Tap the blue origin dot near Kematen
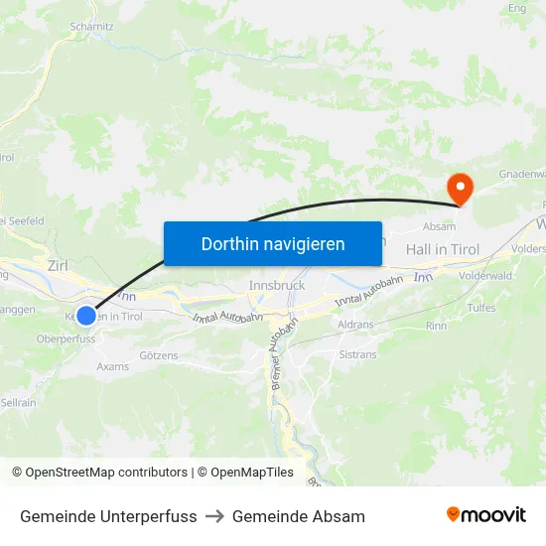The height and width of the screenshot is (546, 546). pos(86,315)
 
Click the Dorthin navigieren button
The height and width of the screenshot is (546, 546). pos(273,243)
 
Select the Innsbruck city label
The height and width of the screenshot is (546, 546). pos(275,285)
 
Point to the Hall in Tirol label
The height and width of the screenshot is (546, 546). pos(443,249)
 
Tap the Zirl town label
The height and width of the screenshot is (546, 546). pos(59,265)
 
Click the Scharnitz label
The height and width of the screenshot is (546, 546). pos(91,27)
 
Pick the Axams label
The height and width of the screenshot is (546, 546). pos(112,365)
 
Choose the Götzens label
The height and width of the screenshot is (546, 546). pos(159,354)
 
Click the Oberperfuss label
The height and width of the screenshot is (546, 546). pos(66,338)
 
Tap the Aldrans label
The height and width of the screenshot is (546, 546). pos(355,326)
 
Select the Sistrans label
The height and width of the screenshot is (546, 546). pos(357,353)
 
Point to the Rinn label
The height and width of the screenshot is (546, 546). pos(436,325)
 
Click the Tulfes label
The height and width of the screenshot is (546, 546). pos(481,308)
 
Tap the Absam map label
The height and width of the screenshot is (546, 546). pos(439,226)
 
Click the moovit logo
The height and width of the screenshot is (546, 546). pos(486,514)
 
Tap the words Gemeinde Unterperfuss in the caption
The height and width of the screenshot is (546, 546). pos(108,516)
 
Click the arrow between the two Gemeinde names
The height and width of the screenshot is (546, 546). pos(214,516)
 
